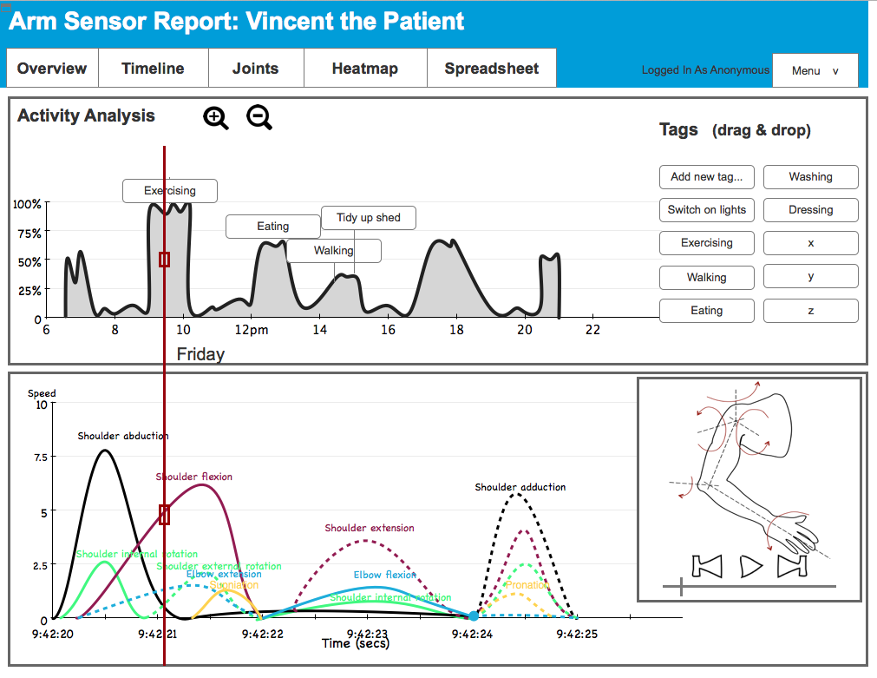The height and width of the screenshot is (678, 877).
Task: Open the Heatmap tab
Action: click(364, 69)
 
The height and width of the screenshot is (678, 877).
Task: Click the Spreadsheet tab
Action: click(491, 69)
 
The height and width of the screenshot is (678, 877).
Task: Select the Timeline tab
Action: click(153, 69)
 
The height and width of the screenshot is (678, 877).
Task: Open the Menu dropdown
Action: click(815, 70)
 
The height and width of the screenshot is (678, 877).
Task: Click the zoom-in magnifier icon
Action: click(215, 117)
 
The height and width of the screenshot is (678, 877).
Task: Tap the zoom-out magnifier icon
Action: click(259, 116)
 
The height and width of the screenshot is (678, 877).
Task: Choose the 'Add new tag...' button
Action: click(706, 177)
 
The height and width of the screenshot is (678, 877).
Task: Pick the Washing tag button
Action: click(810, 177)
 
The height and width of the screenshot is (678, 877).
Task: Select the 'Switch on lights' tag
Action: click(706, 210)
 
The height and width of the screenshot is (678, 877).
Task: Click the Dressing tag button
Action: click(810, 210)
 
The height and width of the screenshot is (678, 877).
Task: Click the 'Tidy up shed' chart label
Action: click(368, 218)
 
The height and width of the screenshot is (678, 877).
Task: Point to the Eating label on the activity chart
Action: click(272, 227)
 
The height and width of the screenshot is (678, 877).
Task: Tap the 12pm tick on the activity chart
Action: click(251, 330)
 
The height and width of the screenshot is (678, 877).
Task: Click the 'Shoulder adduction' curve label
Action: click(520, 487)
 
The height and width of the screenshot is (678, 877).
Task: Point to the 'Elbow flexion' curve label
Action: click(384, 575)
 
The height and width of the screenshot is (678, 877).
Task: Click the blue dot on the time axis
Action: click(473, 615)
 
